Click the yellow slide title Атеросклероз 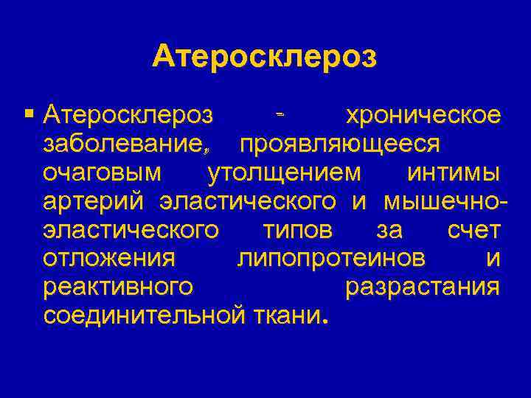click(x=265, y=57)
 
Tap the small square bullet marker click(x=29, y=114)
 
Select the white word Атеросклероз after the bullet click(x=128, y=115)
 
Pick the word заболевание click(x=121, y=144)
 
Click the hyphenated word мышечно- click(x=445, y=201)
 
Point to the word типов click(x=298, y=230)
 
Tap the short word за click(x=389, y=230)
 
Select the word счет click(x=474, y=230)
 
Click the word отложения click(x=109, y=259)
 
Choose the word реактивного click(x=119, y=287)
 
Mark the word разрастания click(x=423, y=287)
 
